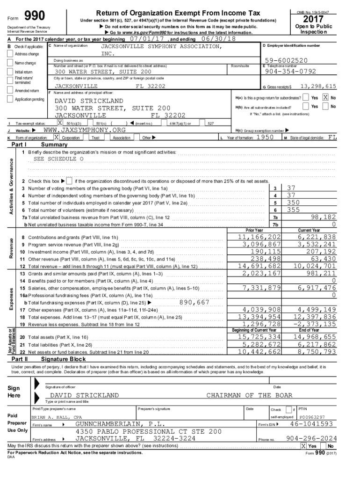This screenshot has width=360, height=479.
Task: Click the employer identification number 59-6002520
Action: tap(286, 61)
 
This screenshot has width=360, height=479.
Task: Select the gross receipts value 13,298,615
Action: tap(318, 87)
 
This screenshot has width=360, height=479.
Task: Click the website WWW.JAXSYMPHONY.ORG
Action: tap(85, 130)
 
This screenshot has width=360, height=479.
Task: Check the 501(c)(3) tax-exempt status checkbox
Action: tap(60, 123)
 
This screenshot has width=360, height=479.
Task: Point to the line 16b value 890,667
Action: tap(194, 302)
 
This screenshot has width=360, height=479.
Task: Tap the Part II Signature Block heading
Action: tap(63, 359)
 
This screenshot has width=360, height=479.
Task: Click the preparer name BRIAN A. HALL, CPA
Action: tap(57, 416)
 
